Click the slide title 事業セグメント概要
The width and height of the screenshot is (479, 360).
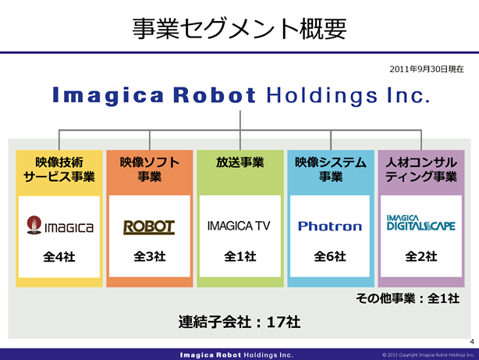(x=239, y=29)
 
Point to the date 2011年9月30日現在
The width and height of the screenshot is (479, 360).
(x=427, y=70)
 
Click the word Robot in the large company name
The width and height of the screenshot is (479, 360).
(x=214, y=95)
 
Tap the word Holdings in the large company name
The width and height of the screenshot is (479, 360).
(x=321, y=96)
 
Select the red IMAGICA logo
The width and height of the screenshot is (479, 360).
(x=60, y=226)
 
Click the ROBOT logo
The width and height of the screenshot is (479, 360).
(x=149, y=227)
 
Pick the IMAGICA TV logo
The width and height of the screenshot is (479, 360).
(x=239, y=226)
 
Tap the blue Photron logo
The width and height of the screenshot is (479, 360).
(x=330, y=226)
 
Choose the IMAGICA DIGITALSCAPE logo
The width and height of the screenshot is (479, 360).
(x=421, y=223)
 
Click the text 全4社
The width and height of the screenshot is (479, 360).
(x=59, y=257)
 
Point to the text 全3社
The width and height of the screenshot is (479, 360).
(x=150, y=256)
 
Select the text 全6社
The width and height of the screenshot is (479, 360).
(x=330, y=256)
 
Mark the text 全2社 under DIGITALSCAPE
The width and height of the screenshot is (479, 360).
(x=421, y=256)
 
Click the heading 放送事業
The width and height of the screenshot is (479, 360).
(x=240, y=162)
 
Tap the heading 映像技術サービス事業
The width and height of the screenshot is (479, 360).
(x=59, y=169)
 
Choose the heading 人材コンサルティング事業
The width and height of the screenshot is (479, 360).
(x=421, y=169)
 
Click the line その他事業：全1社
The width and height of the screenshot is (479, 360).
(x=407, y=298)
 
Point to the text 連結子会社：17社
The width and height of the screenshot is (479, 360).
(x=239, y=322)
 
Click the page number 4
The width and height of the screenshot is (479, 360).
(x=472, y=342)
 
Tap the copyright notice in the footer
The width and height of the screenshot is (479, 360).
(x=428, y=355)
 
